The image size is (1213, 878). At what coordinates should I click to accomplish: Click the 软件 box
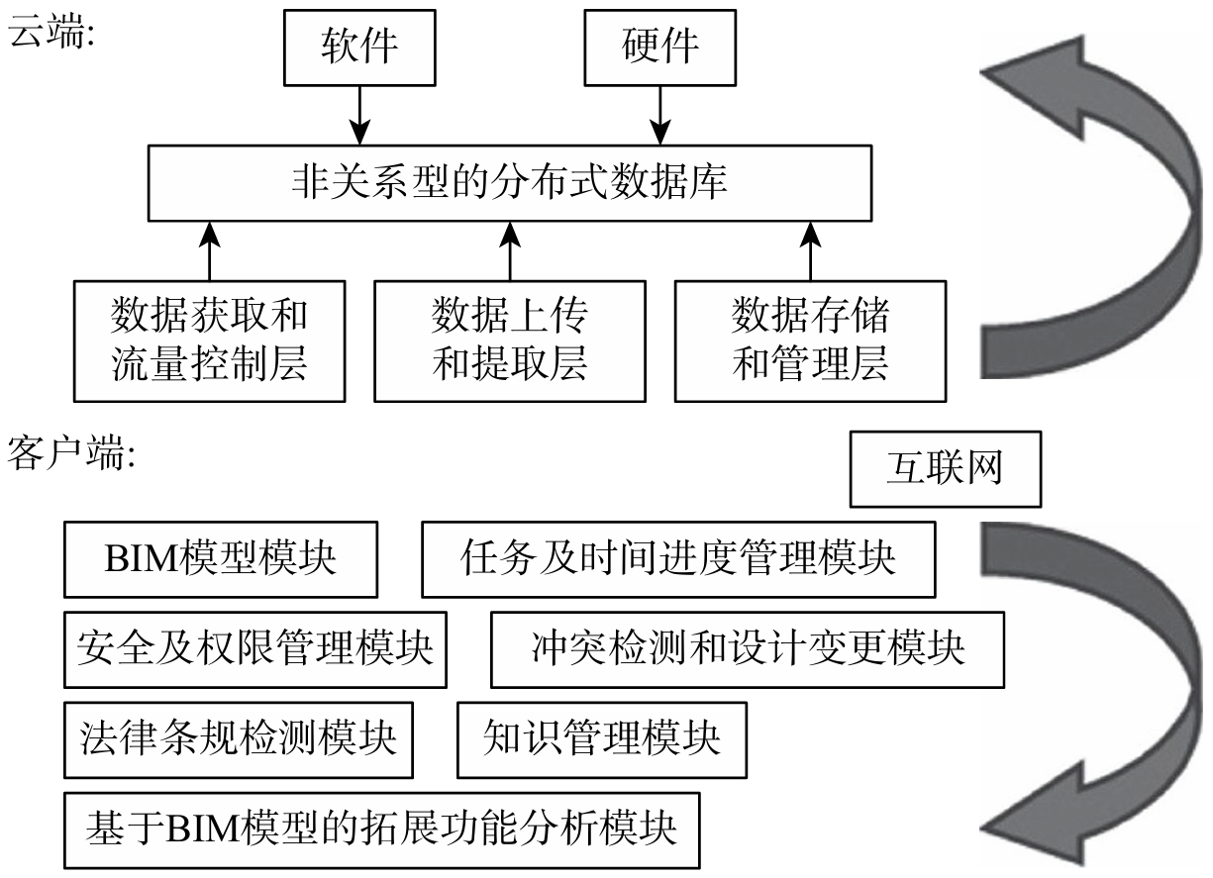tap(358, 47)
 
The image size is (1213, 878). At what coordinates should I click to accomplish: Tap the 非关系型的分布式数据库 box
tap(509, 183)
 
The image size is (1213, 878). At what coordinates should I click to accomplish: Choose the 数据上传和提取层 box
tap(510, 341)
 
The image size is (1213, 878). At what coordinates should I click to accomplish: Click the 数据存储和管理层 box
tap(810, 341)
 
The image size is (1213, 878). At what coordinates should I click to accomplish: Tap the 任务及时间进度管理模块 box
tap(678, 559)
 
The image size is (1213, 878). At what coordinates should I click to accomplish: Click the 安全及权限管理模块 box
tap(254, 649)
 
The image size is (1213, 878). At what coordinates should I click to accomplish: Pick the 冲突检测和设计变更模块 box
tap(748, 649)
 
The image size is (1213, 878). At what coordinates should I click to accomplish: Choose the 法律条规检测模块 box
tap(238, 738)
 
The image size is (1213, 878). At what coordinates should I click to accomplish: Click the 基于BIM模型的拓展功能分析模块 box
tap(382, 828)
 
